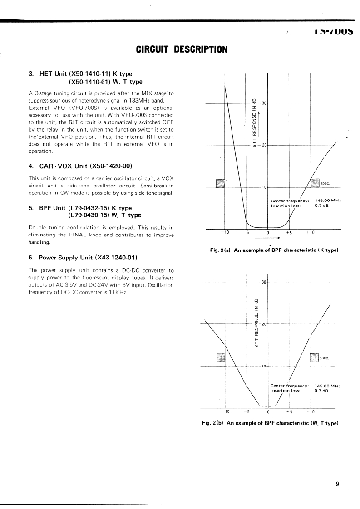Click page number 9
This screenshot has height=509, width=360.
(x=337, y=484)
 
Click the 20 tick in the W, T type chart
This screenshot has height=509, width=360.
(x=263, y=324)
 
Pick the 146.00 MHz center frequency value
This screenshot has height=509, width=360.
(x=328, y=201)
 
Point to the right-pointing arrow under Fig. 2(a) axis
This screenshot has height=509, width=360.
(x=266, y=237)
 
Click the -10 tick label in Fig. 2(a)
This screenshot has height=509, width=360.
(x=224, y=232)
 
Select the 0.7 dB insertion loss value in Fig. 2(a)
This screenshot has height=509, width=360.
(x=322, y=206)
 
